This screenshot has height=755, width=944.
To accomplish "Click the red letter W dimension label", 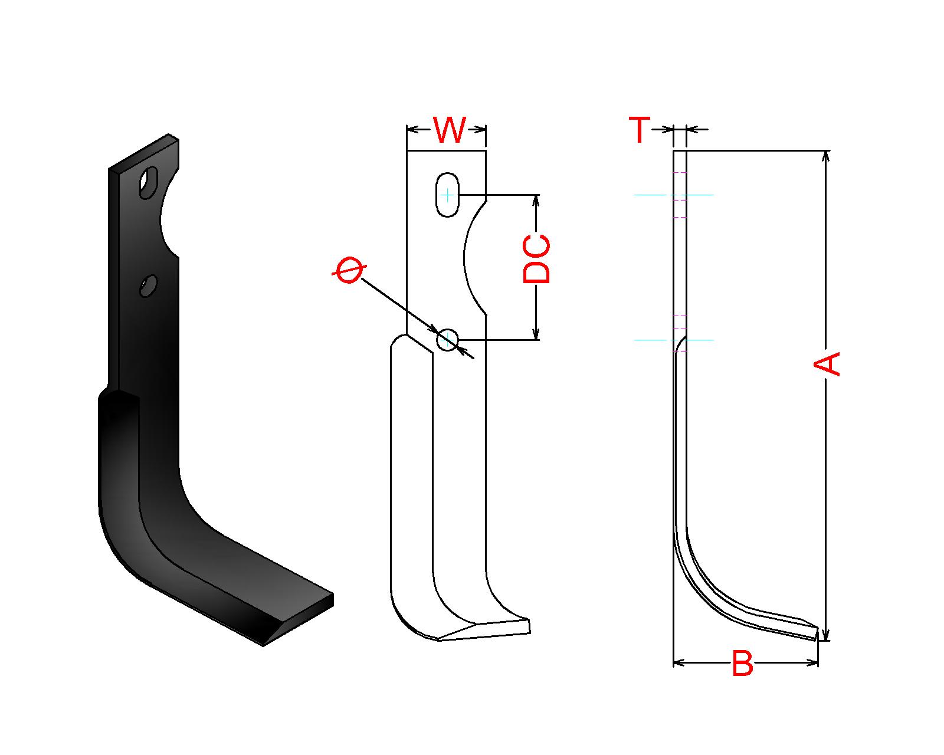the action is pyautogui.click(x=449, y=129).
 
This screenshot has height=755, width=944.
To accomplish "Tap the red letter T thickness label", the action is pyautogui.click(x=639, y=129).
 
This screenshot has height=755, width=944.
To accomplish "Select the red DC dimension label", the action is pyautogui.click(x=536, y=260).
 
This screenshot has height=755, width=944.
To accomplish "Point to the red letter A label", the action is pyautogui.click(x=827, y=364).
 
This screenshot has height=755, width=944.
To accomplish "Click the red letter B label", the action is pyautogui.click(x=742, y=663).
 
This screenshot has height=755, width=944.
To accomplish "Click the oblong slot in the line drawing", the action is pyautogui.click(x=447, y=194).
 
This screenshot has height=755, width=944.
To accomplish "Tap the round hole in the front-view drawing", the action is pyautogui.click(x=447, y=339).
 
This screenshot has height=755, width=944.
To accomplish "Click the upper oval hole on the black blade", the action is pyautogui.click(x=148, y=182).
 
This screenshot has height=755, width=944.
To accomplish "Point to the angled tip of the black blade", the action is pyautogui.click(x=299, y=619).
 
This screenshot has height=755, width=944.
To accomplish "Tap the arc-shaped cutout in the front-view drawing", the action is pyautogui.click(x=474, y=258).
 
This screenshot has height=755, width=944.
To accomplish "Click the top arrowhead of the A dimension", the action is pyautogui.click(x=826, y=156).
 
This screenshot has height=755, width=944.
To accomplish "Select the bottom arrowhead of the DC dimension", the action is pyautogui.click(x=536, y=334).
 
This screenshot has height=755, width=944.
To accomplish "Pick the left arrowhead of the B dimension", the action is pyautogui.click(x=678, y=662).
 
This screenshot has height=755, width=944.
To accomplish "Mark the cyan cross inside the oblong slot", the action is pyautogui.click(x=447, y=194).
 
